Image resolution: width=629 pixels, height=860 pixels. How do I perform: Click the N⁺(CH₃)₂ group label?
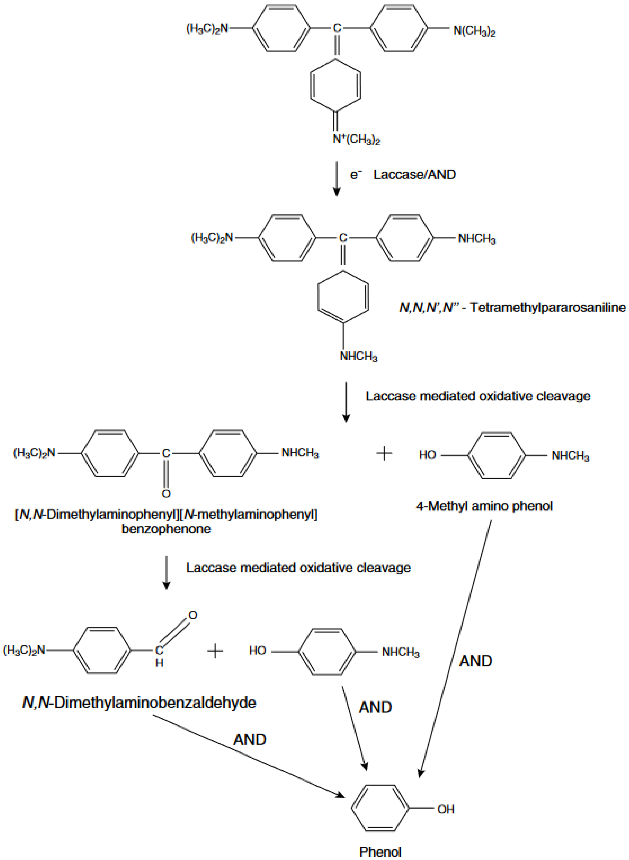click(x=356, y=139)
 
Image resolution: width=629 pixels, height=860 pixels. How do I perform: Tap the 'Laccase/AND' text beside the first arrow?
click(x=414, y=174)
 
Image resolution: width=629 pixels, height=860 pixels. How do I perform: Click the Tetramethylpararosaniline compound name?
click(x=512, y=307)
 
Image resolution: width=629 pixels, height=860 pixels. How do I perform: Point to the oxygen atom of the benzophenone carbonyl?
click(x=166, y=494)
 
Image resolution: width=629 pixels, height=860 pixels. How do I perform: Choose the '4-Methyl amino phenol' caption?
click(x=484, y=506)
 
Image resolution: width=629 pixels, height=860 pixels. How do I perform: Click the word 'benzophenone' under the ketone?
click(x=166, y=529)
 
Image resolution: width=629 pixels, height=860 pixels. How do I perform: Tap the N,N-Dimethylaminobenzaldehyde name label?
click(x=139, y=702)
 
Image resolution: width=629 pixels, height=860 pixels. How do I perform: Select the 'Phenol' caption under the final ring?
click(x=380, y=852)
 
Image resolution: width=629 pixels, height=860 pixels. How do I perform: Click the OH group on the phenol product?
click(x=445, y=809)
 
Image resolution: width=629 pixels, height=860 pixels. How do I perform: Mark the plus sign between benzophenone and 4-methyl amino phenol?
click(x=384, y=453)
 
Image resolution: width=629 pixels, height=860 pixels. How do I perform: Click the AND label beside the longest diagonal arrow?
click(x=476, y=661)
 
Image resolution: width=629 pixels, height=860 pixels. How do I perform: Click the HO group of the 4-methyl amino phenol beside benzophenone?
click(x=427, y=455)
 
